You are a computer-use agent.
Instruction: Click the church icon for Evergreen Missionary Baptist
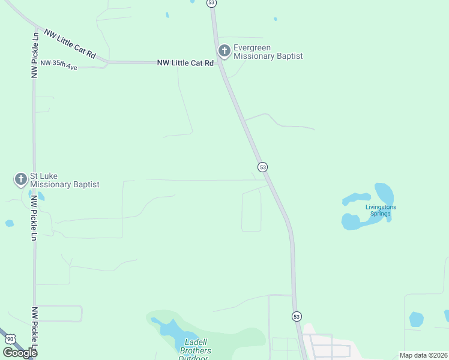(224, 51)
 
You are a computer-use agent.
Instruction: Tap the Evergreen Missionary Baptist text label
(268, 52)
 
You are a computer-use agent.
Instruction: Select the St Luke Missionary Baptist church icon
(21, 179)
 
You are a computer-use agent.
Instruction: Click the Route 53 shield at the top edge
(211, 3)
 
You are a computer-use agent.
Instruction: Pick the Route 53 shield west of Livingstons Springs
(262, 166)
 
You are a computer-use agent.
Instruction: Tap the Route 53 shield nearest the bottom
(297, 316)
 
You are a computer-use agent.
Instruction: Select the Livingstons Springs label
(381, 211)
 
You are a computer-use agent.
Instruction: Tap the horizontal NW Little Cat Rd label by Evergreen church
(185, 62)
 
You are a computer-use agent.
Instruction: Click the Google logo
(20, 353)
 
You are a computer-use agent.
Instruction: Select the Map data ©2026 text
(423, 355)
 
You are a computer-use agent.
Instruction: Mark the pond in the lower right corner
(417, 319)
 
